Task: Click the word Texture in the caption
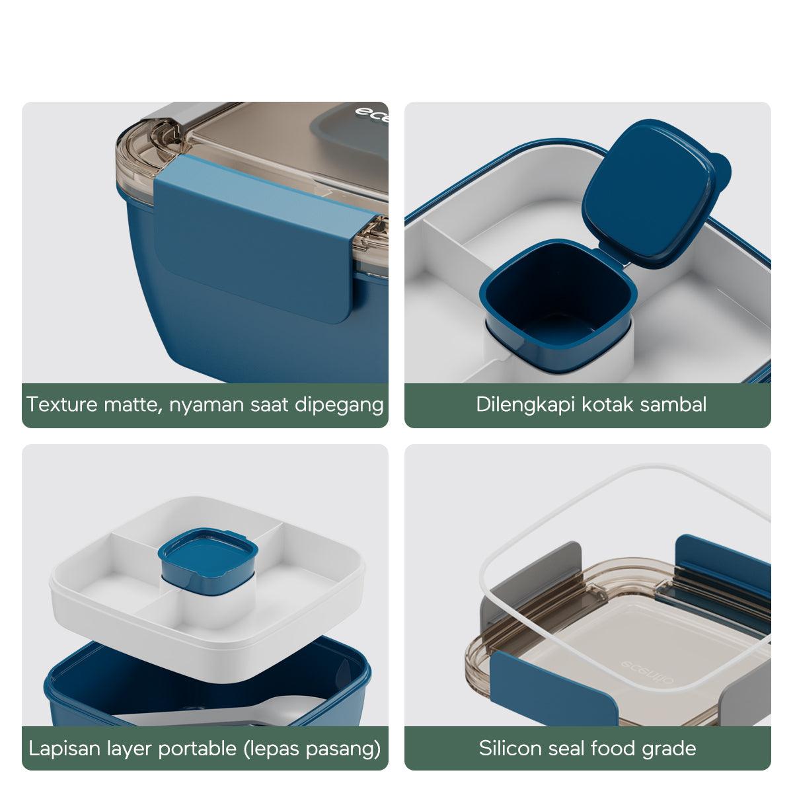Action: coord(62,404)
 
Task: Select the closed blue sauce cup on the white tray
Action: coord(208,562)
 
